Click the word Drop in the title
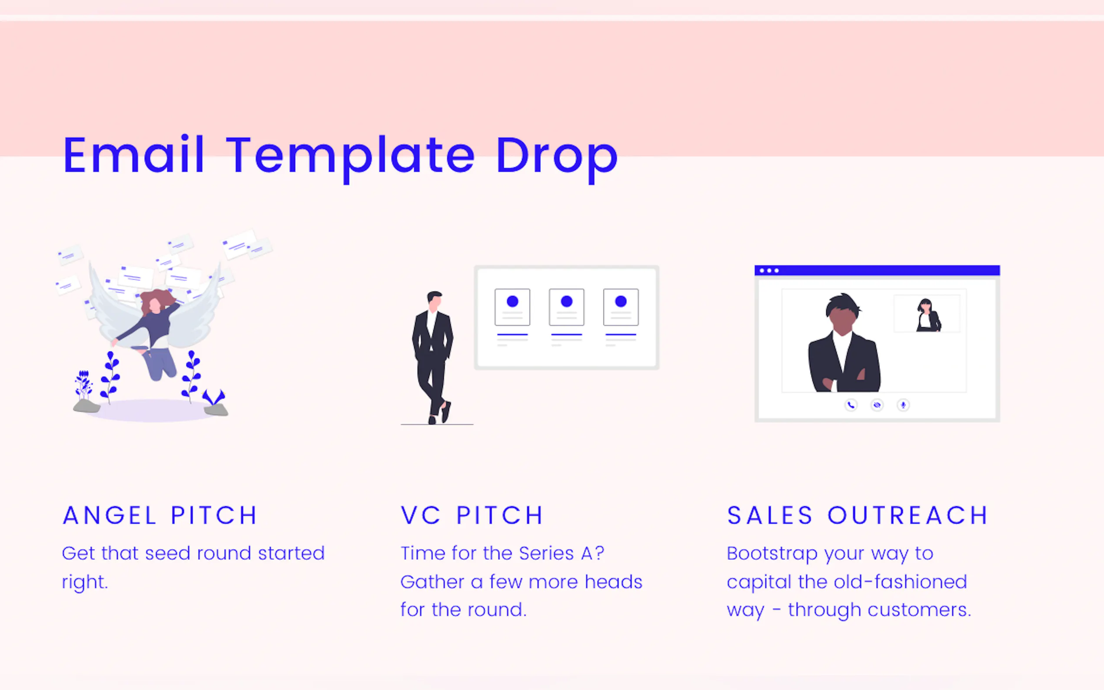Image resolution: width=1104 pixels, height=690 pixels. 557,157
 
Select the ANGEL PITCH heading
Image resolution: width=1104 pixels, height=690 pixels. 160,516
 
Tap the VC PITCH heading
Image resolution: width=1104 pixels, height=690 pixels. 472,516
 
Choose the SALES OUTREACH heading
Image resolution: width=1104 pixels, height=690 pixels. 857,516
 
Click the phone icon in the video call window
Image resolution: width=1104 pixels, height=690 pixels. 851,405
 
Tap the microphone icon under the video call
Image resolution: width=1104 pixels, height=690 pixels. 903,405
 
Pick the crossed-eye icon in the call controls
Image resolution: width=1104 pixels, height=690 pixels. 877,405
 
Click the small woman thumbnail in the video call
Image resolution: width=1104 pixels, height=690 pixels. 927,314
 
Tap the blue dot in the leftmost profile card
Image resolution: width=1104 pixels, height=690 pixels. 512,301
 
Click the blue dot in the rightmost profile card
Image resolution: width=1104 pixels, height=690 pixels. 621,301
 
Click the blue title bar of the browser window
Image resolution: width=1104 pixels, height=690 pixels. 877,271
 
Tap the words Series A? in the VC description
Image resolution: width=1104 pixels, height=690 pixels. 562,554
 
